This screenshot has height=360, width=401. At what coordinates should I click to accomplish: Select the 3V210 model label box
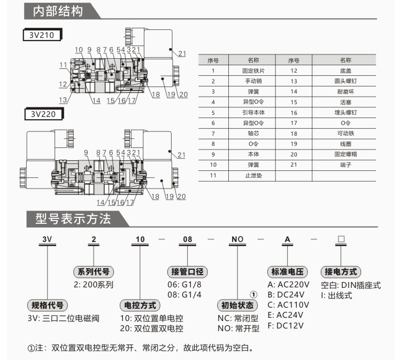coord(42,36)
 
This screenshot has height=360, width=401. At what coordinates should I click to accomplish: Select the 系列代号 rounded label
coord(94,271)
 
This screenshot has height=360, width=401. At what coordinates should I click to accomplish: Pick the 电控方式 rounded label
coord(140,306)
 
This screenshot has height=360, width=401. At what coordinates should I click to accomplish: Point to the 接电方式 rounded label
coord(340,271)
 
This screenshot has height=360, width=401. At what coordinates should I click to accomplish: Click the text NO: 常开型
coord(238,328)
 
